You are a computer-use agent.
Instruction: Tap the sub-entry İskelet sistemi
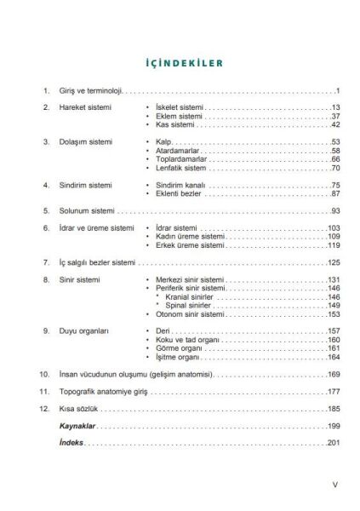pos(180,107)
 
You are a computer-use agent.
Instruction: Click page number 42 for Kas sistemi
pos(335,124)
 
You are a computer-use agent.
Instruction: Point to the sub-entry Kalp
pos(165,141)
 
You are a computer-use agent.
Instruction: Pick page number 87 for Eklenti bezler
pos(335,194)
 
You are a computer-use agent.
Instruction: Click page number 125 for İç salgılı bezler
pos(334,262)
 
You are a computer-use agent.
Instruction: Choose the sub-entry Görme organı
pos(182,348)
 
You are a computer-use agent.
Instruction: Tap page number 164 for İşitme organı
pos(334,357)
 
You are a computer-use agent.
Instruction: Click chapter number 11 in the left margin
pos(45,391)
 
